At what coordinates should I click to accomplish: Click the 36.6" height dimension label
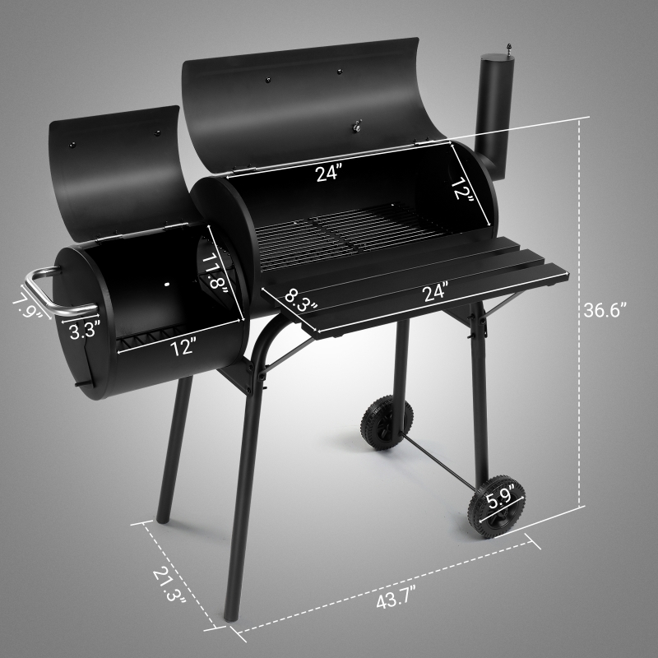(x=606, y=310)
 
